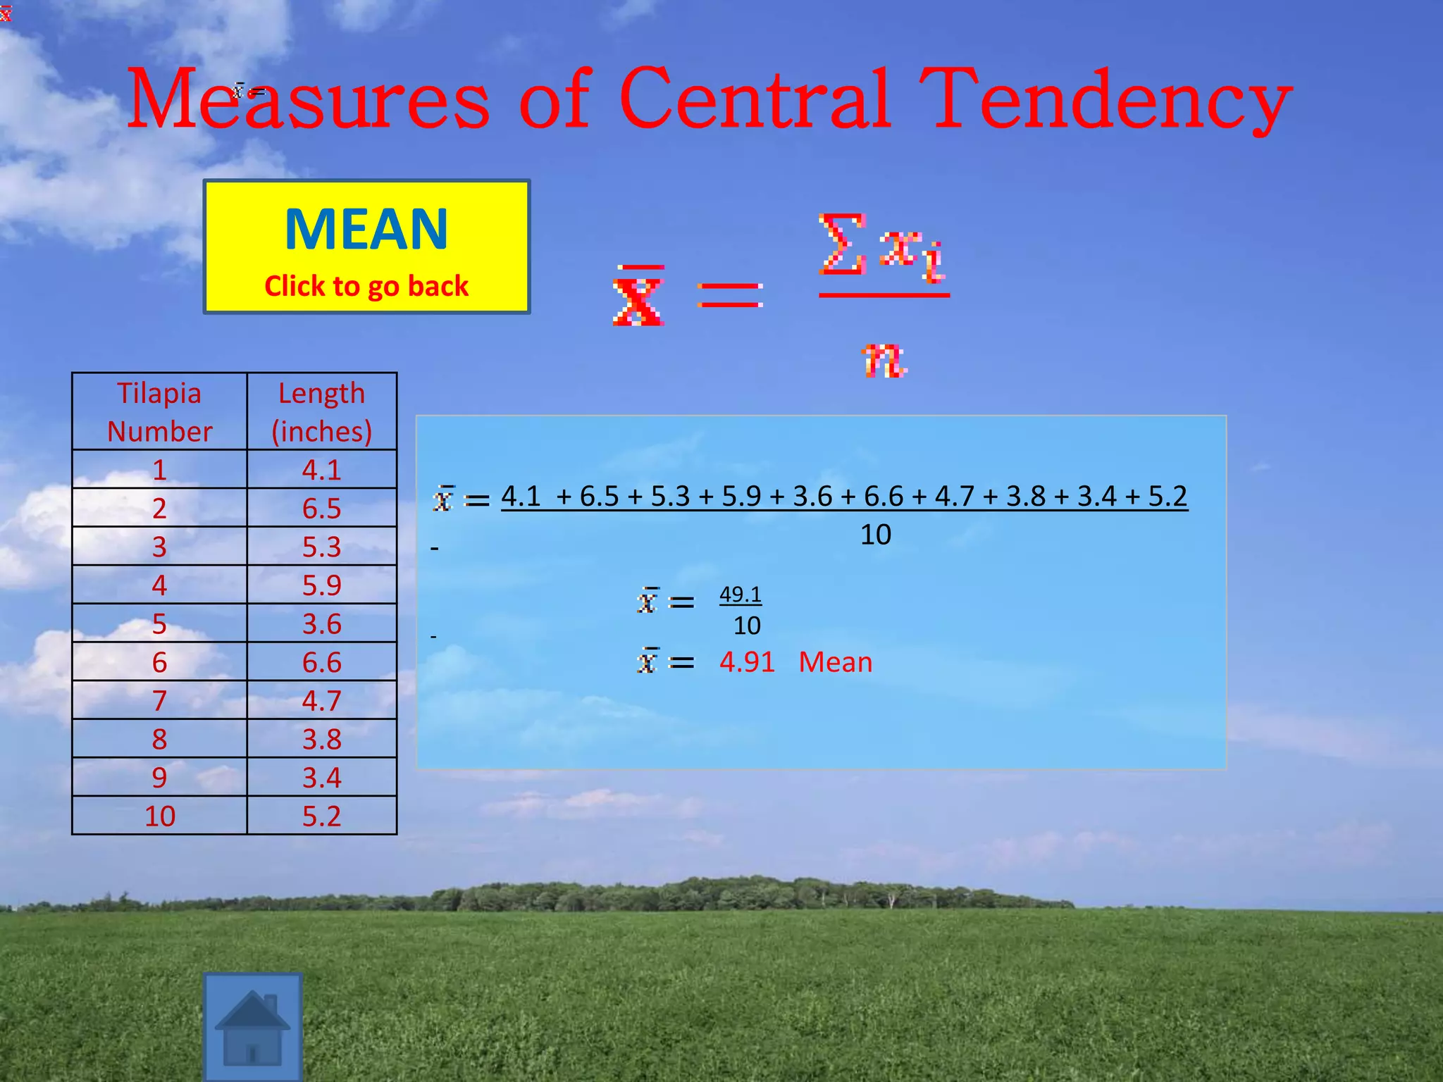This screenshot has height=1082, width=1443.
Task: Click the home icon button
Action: coord(253,1027)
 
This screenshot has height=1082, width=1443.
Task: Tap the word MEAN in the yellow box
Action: coord(366,230)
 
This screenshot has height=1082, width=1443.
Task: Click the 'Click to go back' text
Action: coord(366,286)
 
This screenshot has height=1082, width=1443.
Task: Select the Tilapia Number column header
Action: coord(160,412)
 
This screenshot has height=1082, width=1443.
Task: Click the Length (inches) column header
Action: coord(322,412)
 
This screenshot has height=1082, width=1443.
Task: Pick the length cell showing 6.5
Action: coord(322,509)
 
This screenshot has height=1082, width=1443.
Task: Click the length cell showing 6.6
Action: coord(322,662)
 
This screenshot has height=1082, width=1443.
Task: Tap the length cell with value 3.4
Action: coord(322,778)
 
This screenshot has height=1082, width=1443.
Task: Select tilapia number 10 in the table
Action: coord(160,816)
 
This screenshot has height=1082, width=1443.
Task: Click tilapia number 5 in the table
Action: coord(160,624)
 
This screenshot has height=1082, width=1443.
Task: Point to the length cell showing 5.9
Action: coord(322,585)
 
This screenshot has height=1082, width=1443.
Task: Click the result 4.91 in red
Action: coord(747,662)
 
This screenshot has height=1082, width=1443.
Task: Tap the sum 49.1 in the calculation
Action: coord(741,595)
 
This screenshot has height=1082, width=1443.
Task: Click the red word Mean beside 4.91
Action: coord(836,662)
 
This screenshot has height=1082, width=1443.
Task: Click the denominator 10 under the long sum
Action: coord(876,535)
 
